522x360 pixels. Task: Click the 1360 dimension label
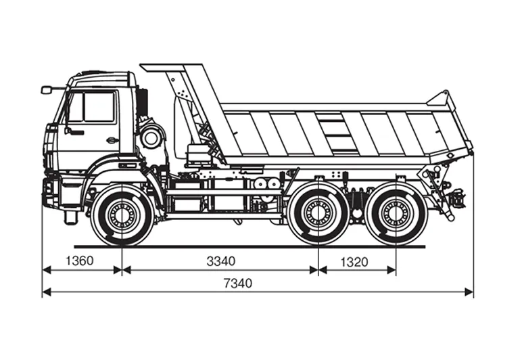tap(80, 261)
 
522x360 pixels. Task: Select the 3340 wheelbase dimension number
tap(221, 261)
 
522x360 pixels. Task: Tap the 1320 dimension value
tap(354, 262)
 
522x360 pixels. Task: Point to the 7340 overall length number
tap(238, 284)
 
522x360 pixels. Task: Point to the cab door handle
tap(112, 140)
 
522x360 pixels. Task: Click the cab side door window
tap(99, 107)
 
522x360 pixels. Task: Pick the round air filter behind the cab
tap(151, 137)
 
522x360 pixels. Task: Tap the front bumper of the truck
tap(51, 192)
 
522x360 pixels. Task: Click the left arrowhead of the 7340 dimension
tap(47, 292)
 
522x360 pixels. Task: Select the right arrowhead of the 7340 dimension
tap(469, 292)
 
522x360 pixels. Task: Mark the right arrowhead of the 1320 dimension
tap(391, 270)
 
